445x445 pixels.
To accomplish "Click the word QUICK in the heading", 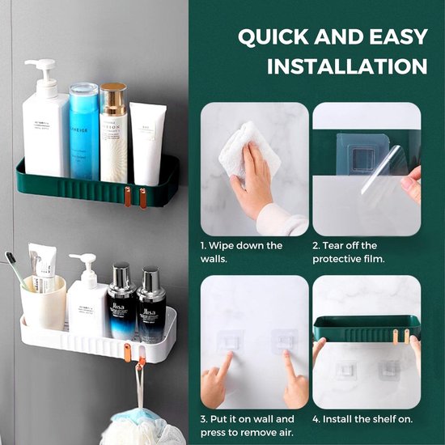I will [x=272, y=37].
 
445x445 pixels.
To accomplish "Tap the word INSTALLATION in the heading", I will [x=347, y=66].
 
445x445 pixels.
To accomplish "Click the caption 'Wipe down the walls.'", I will [x=242, y=252].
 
